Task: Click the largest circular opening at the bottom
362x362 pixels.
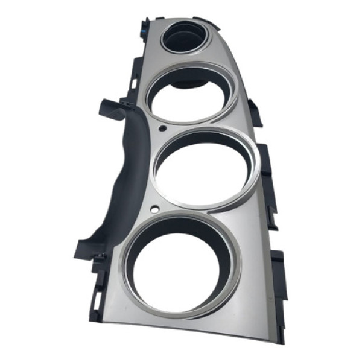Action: point(183,265)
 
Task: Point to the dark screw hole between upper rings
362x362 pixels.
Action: point(163,129)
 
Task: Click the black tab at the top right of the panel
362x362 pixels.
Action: point(215,24)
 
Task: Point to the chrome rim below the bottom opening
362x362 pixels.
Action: point(187,316)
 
